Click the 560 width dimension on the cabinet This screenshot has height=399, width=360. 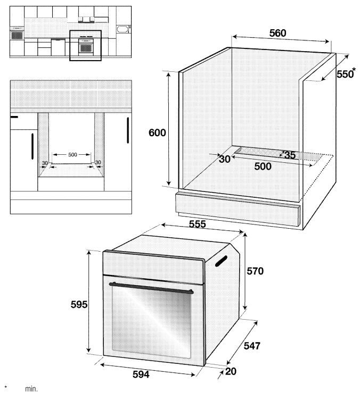[277, 33]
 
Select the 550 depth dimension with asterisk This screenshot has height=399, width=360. [346, 73]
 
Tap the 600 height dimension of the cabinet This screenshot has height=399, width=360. [157, 132]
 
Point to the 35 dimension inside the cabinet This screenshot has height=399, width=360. [290, 155]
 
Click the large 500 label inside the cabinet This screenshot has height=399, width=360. [263, 167]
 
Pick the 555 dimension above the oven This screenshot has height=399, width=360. [197, 224]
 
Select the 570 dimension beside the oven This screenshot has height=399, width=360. [255, 271]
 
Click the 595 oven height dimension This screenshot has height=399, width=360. [79, 304]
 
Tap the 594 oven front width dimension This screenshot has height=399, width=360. [141, 375]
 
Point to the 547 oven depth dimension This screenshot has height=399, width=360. [252, 346]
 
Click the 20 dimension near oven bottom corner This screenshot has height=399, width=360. [231, 371]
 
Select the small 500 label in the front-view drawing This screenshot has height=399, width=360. [72, 154]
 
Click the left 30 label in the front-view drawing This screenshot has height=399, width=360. [45, 163]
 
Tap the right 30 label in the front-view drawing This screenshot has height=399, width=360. [98, 162]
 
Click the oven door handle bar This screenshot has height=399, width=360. [151, 288]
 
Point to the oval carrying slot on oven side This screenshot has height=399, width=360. [221, 261]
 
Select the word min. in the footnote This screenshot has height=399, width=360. [31, 389]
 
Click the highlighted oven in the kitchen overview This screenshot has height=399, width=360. [86, 46]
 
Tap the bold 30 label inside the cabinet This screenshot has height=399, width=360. [224, 159]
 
